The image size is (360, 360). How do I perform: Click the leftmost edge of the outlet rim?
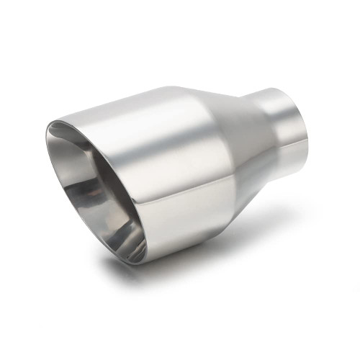(x=45, y=133)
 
